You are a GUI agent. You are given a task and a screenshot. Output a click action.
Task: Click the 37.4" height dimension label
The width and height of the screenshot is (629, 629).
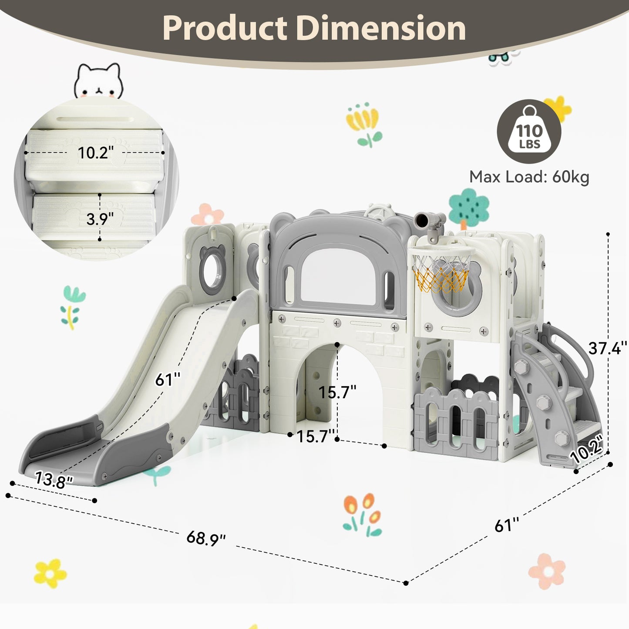point(607,348)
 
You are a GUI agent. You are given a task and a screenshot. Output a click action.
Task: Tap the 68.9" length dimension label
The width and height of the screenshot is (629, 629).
point(206,538)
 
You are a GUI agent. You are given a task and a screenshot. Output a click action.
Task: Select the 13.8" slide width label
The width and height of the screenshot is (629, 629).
point(54,480)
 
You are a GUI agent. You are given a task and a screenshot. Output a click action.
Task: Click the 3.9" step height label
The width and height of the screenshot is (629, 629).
point(100,219)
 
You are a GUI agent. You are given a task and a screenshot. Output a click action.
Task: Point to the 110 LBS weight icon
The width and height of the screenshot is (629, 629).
point(529,131)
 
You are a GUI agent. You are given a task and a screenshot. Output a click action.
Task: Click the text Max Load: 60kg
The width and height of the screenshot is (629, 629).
point(529,177)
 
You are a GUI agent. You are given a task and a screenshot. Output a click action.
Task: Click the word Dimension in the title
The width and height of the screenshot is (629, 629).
point(381,28)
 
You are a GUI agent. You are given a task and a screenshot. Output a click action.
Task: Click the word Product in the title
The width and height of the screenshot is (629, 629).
point(225,28)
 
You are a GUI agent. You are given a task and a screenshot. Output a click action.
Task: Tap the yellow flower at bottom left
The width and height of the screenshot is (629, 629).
point(50,573)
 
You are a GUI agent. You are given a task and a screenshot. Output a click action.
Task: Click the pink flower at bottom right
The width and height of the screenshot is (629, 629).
point(547,571)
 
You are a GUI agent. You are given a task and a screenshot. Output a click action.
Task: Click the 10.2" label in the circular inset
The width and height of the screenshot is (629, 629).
point(95,153)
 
